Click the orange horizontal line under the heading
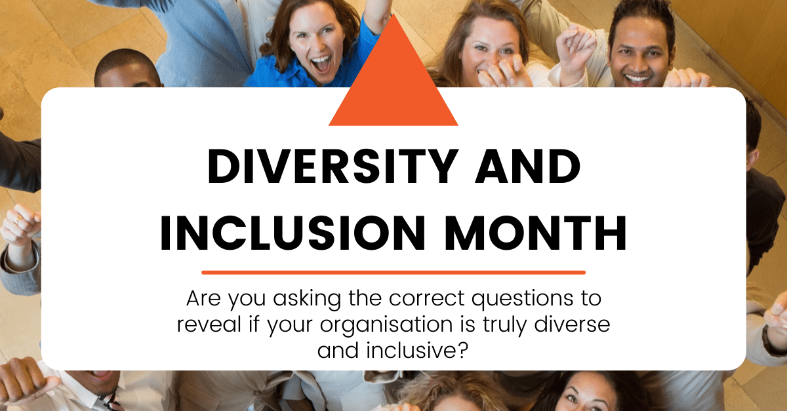[393, 272]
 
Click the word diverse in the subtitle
[573, 324]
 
